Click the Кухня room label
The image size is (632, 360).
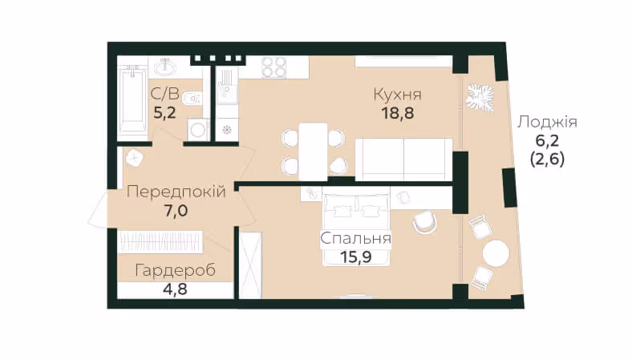pyautogui.click(x=398, y=95)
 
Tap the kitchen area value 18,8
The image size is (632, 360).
pyautogui.click(x=398, y=113)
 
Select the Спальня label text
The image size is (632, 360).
pyautogui.click(x=355, y=238)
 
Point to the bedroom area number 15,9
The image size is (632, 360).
pyautogui.click(x=355, y=257)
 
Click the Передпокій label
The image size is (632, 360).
pyautogui.click(x=176, y=192)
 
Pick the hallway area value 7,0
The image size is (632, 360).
pyautogui.click(x=176, y=210)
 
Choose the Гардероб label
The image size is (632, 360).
pyautogui.click(x=176, y=270)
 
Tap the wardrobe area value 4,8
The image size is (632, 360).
pyautogui.click(x=176, y=289)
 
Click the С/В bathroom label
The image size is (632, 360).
pyautogui.click(x=165, y=94)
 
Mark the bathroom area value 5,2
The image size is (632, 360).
pyautogui.click(x=165, y=112)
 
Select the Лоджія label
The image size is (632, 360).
pyautogui.click(x=547, y=122)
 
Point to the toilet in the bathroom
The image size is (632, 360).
pyautogui.click(x=192, y=98)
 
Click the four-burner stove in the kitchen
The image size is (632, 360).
pyautogui.click(x=274, y=67)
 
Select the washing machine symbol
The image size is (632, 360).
pyautogui.click(x=198, y=130)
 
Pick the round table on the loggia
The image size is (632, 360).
pyautogui.click(x=496, y=253)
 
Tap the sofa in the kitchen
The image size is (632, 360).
pyautogui.click(x=404, y=160)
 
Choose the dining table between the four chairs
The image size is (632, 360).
pyautogui.click(x=313, y=152)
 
